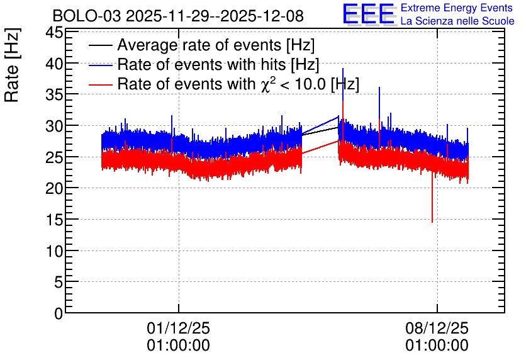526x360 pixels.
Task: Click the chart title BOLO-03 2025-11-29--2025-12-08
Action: tap(178, 16)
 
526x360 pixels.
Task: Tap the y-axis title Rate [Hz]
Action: tap(12, 65)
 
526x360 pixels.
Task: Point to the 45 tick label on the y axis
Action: tap(54, 33)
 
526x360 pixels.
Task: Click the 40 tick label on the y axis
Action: tap(54, 64)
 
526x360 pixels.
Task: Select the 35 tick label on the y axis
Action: tap(54, 95)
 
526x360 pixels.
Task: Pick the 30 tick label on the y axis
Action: tap(54, 126)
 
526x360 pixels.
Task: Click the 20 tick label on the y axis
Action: tap(54, 189)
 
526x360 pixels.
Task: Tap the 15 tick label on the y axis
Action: tap(54, 220)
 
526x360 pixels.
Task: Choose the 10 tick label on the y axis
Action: tap(54, 251)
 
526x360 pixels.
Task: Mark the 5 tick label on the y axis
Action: tap(59, 282)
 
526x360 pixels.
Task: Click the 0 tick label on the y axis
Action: tap(59, 313)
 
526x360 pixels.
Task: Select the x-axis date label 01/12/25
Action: tap(178, 328)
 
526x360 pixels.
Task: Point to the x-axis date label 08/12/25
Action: tap(437, 328)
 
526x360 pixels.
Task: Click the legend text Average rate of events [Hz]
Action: tap(216, 45)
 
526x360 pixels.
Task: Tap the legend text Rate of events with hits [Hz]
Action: tap(218, 64)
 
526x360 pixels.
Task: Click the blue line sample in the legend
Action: tap(100, 65)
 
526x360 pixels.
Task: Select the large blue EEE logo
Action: tap(369, 14)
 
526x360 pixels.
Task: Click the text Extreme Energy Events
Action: tap(457, 8)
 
